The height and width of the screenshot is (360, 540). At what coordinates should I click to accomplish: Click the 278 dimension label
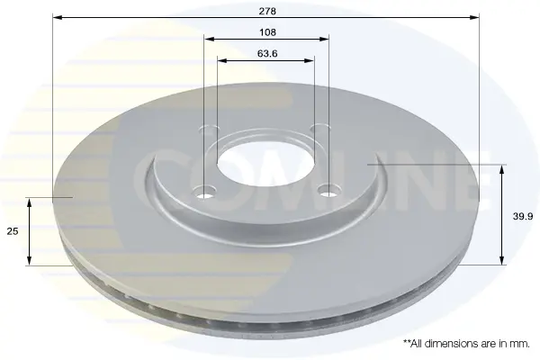[x=267, y=12]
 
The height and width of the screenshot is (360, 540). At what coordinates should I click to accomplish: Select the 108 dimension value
[x=267, y=32]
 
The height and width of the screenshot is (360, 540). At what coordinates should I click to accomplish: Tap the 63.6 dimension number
[x=267, y=54]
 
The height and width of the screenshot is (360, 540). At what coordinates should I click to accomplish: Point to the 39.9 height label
[x=523, y=216]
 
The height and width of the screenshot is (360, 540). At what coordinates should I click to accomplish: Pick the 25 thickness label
[x=13, y=231]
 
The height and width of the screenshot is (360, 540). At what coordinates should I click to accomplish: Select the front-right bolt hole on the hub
[x=328, y=190]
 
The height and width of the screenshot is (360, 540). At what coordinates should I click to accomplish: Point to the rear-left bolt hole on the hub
[x=210, y=130]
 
